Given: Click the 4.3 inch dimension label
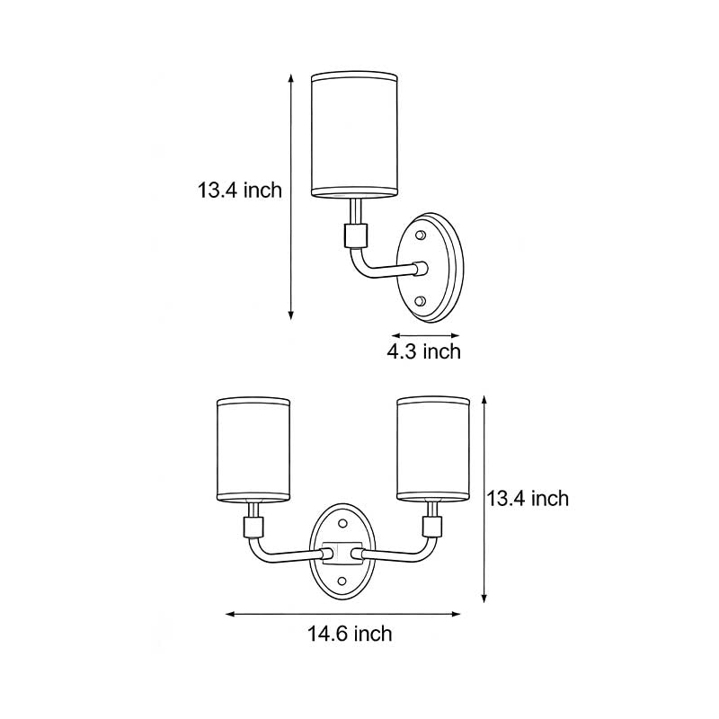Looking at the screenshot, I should point(423,351).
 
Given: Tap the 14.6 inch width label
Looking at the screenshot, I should point(350,635).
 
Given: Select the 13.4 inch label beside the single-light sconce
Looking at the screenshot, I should point(240,190).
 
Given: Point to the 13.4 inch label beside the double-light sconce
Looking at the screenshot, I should point(528,498).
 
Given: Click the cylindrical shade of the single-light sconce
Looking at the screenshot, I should point(354,134).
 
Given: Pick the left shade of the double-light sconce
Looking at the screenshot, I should point(254,449).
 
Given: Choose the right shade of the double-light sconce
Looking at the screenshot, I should point(434,449).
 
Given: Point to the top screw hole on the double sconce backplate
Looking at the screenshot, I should point(342,522).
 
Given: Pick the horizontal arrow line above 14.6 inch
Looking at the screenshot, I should point(342,615).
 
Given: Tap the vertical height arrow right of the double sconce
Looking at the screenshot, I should point(485,500).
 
